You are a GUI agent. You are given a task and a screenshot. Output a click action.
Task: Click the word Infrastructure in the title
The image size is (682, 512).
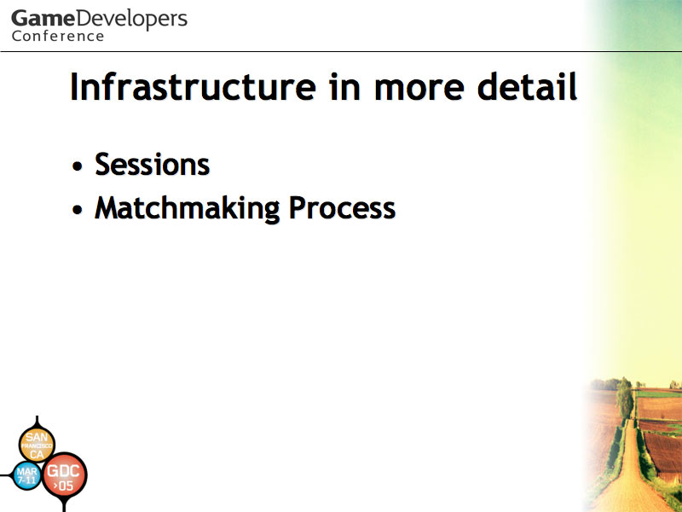point(194,87)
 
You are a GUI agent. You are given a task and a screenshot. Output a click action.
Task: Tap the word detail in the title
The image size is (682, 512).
point(527,87)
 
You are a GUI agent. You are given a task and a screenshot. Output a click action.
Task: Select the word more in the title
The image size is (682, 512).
point(419,90)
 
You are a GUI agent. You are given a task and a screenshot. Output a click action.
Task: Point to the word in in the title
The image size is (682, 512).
point(345,87)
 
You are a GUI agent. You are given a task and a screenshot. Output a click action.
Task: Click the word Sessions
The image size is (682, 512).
point(153,165)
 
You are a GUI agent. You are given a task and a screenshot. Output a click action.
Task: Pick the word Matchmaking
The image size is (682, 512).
point(188,208)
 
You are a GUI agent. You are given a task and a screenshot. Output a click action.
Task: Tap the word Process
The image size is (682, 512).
point(343,207)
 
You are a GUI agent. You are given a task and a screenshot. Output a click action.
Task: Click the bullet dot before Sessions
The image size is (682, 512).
point(78,166)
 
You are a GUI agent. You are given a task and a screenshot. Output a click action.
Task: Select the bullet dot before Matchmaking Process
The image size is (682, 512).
point(78,209)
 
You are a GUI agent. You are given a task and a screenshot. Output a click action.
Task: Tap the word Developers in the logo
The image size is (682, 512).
point(131,20)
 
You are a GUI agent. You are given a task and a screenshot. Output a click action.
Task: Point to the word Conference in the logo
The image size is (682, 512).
point(58,36)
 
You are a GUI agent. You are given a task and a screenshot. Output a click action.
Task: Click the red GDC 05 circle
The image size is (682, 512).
point(65,476)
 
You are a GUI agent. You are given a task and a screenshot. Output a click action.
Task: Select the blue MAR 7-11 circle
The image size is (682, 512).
point(27,475)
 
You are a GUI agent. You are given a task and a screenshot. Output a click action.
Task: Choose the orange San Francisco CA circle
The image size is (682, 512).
point(37,445)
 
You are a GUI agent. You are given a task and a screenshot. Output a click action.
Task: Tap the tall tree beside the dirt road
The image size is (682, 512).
point(625,398)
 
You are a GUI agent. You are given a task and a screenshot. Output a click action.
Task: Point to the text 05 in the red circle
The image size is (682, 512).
point(66,486)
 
